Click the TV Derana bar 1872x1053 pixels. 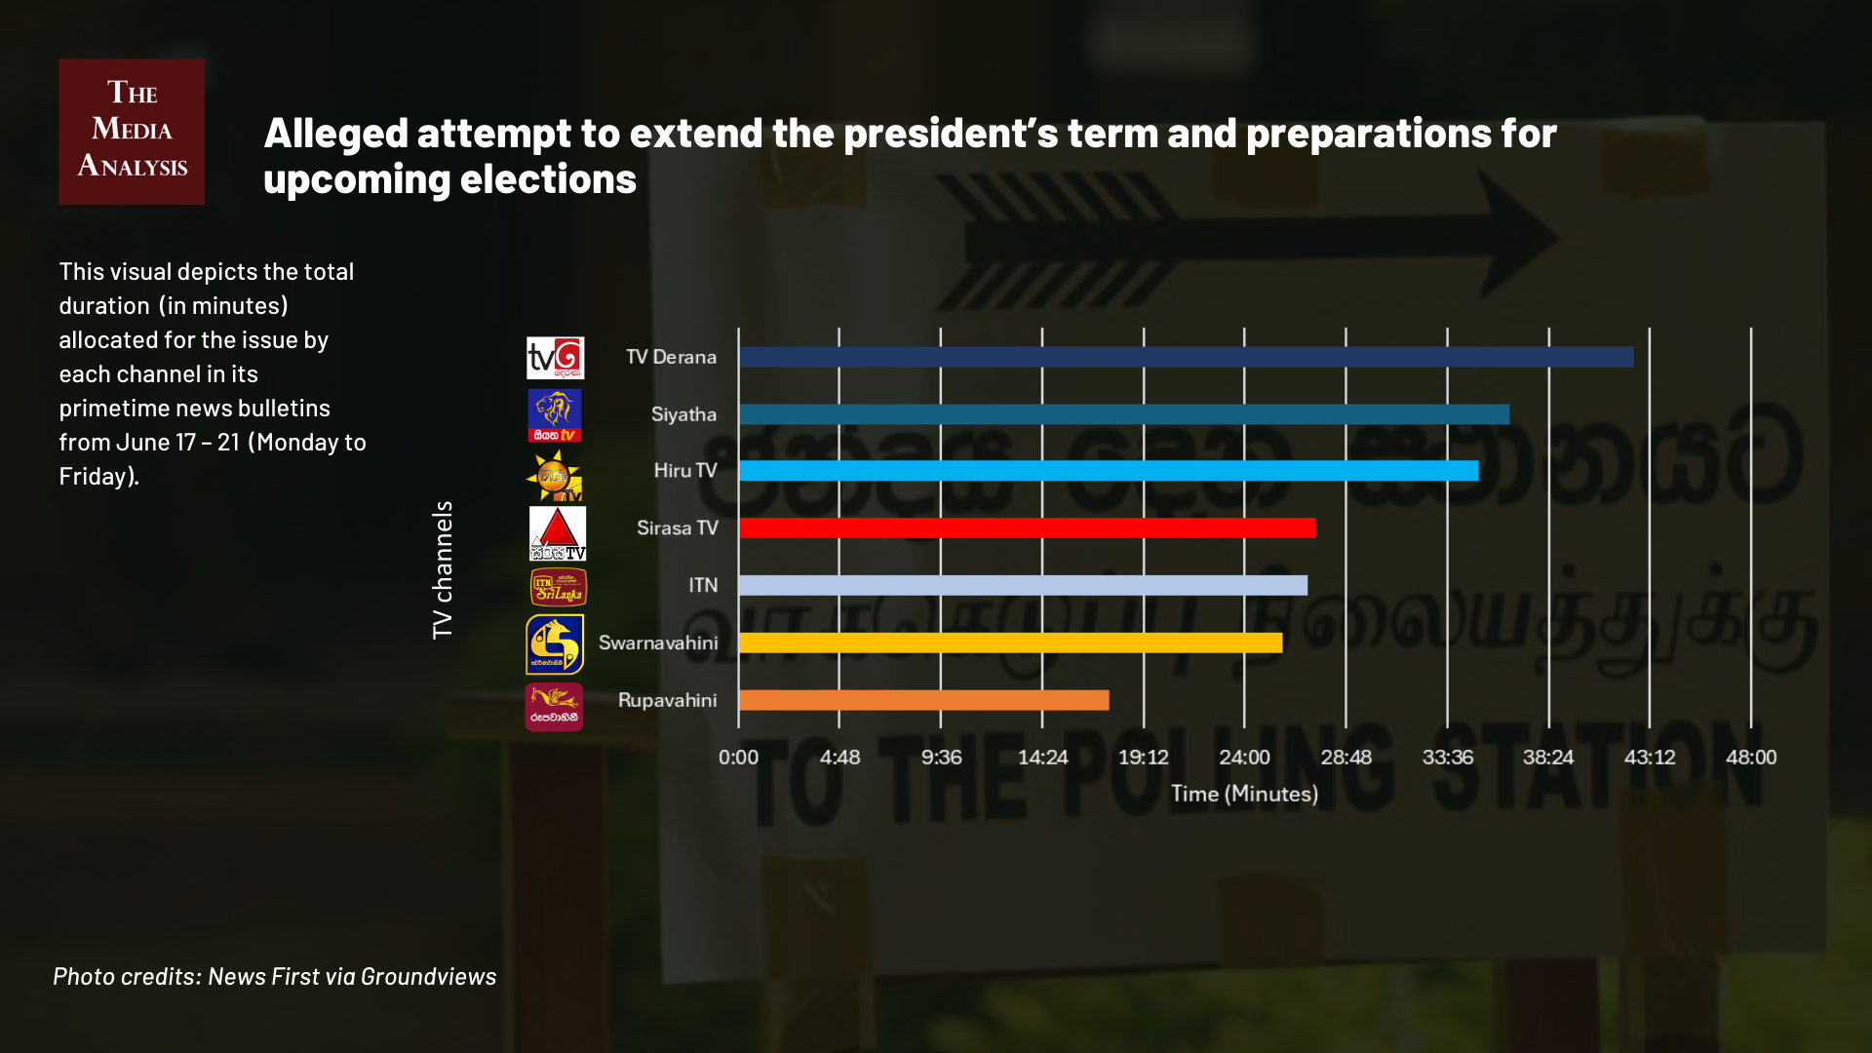[x=1186, y=357]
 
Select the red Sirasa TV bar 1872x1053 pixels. [x=1027, y=528]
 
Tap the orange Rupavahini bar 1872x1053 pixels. [x=923, y=700]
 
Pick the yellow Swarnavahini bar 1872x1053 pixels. [x=1010, y=643]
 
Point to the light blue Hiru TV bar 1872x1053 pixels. [x=1109, y=471]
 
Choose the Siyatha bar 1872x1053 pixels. [x=1124, y=414]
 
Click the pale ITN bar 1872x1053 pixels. [x=1023, y=585]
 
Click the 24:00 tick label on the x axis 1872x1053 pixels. [x=1244, y=758]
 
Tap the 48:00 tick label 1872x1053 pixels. [x=1751, y=758]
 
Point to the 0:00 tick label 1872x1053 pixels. [x=738, y=758]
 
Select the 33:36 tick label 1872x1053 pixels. [x=1447, y=758]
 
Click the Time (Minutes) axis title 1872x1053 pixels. [x=1244, y=794]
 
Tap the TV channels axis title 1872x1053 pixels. [x=443, y=570]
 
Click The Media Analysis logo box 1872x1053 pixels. [x=132, y=132]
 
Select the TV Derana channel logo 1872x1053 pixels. [x=555, y=358]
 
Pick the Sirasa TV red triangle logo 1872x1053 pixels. [x=558, y=532]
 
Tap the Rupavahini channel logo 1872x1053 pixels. [x=554, y=706]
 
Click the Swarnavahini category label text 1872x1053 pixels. [x=658, y=643]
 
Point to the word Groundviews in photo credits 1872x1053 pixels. [x=428, y=976]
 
